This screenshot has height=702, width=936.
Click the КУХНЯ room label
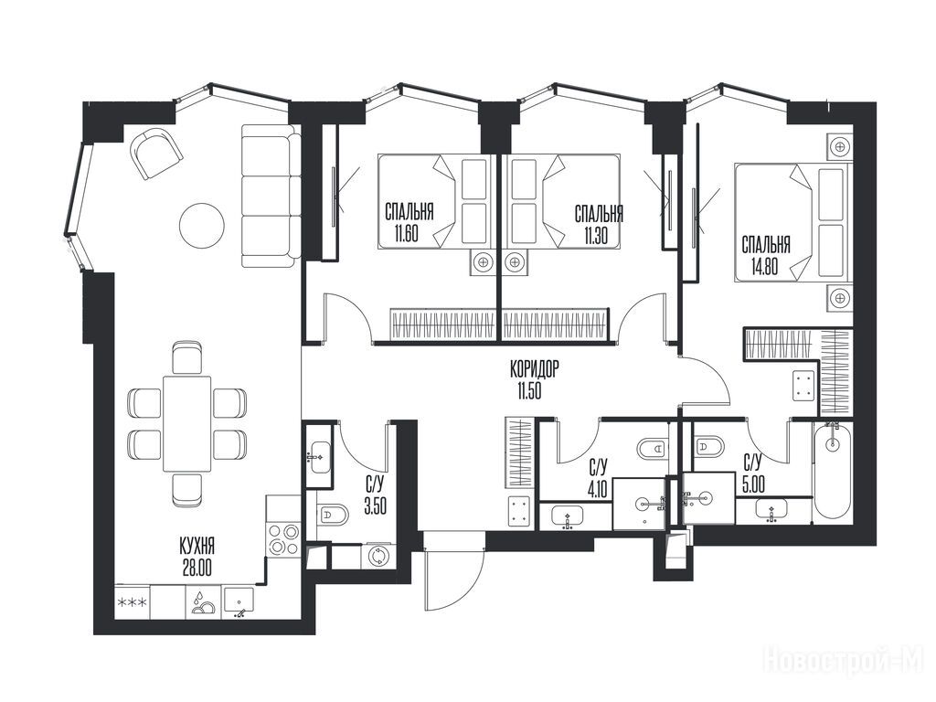point(197,547)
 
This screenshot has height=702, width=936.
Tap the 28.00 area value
point(197,568)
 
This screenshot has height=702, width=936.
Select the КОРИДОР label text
point(534,370)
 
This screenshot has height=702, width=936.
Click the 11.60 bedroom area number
point(406,233)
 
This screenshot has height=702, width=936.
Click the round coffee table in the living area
point(202,226)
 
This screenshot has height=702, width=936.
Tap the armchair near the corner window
point(155,153)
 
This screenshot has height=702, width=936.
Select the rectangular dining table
point(186,423)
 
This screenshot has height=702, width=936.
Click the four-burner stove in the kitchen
point(283,539)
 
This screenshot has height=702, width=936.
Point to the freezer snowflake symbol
point(132,602)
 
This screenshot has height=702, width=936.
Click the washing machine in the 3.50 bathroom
point(378,557)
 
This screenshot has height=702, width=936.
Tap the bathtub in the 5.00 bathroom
point(832,472)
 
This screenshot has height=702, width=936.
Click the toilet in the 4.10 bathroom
point(653,448)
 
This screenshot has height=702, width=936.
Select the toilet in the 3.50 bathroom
point(333,515)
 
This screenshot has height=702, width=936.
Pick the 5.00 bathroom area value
point(753,484)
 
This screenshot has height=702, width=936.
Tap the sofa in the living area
point(271,197)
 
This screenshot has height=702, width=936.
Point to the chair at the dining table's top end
point(186,357)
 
